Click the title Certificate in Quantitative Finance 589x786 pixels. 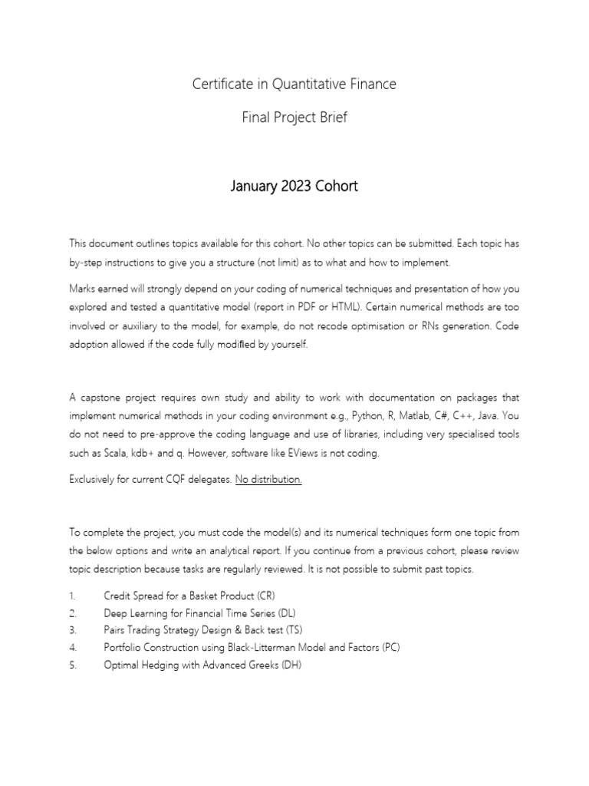point(294,84)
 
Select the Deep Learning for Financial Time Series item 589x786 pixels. point(199,613)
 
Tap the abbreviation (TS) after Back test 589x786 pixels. point(294,630)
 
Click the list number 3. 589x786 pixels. point(73,630)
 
